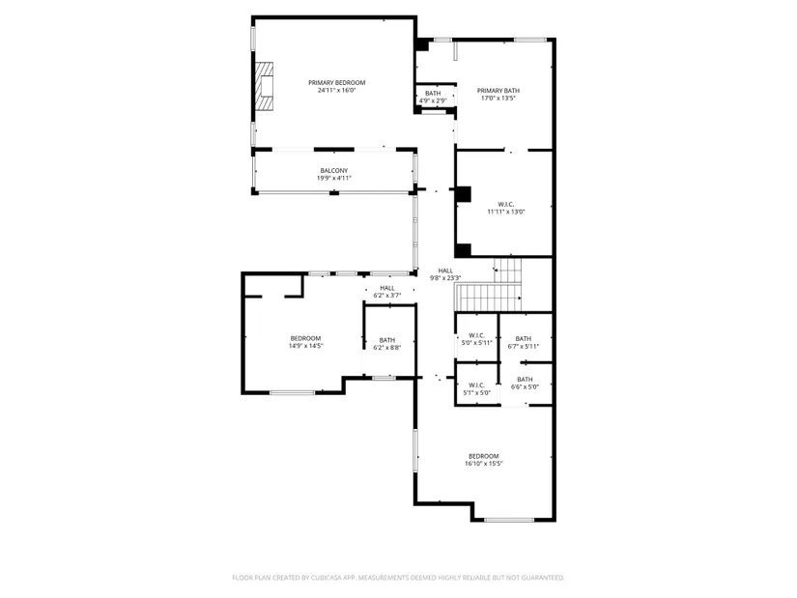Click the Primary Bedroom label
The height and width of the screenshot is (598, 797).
336,83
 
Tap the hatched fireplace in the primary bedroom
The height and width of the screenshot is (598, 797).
264,86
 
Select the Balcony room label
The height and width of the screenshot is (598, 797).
334,171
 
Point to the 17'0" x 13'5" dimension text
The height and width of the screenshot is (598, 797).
498,99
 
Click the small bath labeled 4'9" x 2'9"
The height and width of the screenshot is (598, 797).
433,98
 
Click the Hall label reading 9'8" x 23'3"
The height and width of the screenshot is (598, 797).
445,274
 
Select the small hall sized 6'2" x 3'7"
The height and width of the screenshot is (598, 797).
387,292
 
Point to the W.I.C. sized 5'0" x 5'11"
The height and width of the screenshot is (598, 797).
477,339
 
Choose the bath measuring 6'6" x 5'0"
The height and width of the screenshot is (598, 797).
526,383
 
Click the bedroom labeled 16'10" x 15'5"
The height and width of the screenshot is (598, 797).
484,460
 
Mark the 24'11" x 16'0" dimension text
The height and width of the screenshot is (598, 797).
336,91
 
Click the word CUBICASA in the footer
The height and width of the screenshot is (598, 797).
326,578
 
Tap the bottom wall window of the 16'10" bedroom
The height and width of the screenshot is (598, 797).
509,520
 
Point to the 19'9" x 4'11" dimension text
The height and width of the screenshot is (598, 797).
334,179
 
